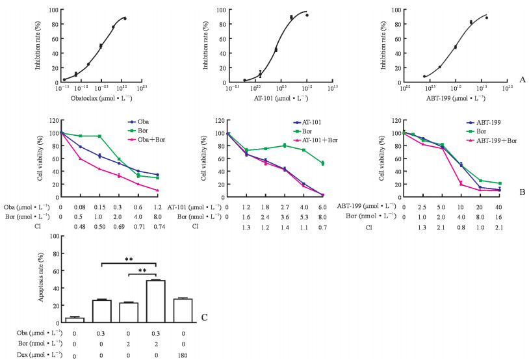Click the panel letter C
[x=204, y=317]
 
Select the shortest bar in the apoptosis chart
[x=75, y=319]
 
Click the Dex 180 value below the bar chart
[x=183, y=356]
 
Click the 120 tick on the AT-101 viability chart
[x=220, y=121]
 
